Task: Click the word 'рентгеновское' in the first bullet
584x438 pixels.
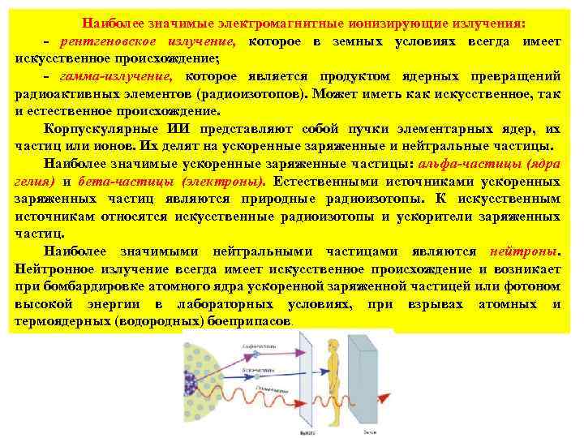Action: click(x=100, y=41)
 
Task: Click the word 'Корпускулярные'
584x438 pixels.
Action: click(x=101, y=129)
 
